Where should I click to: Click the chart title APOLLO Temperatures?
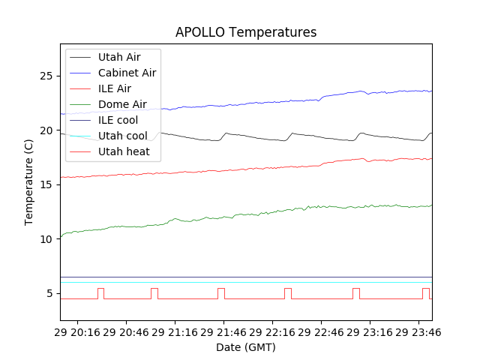246,32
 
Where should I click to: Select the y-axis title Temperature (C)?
29,182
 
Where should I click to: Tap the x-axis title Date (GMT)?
246,347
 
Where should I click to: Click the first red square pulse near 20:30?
100,289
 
